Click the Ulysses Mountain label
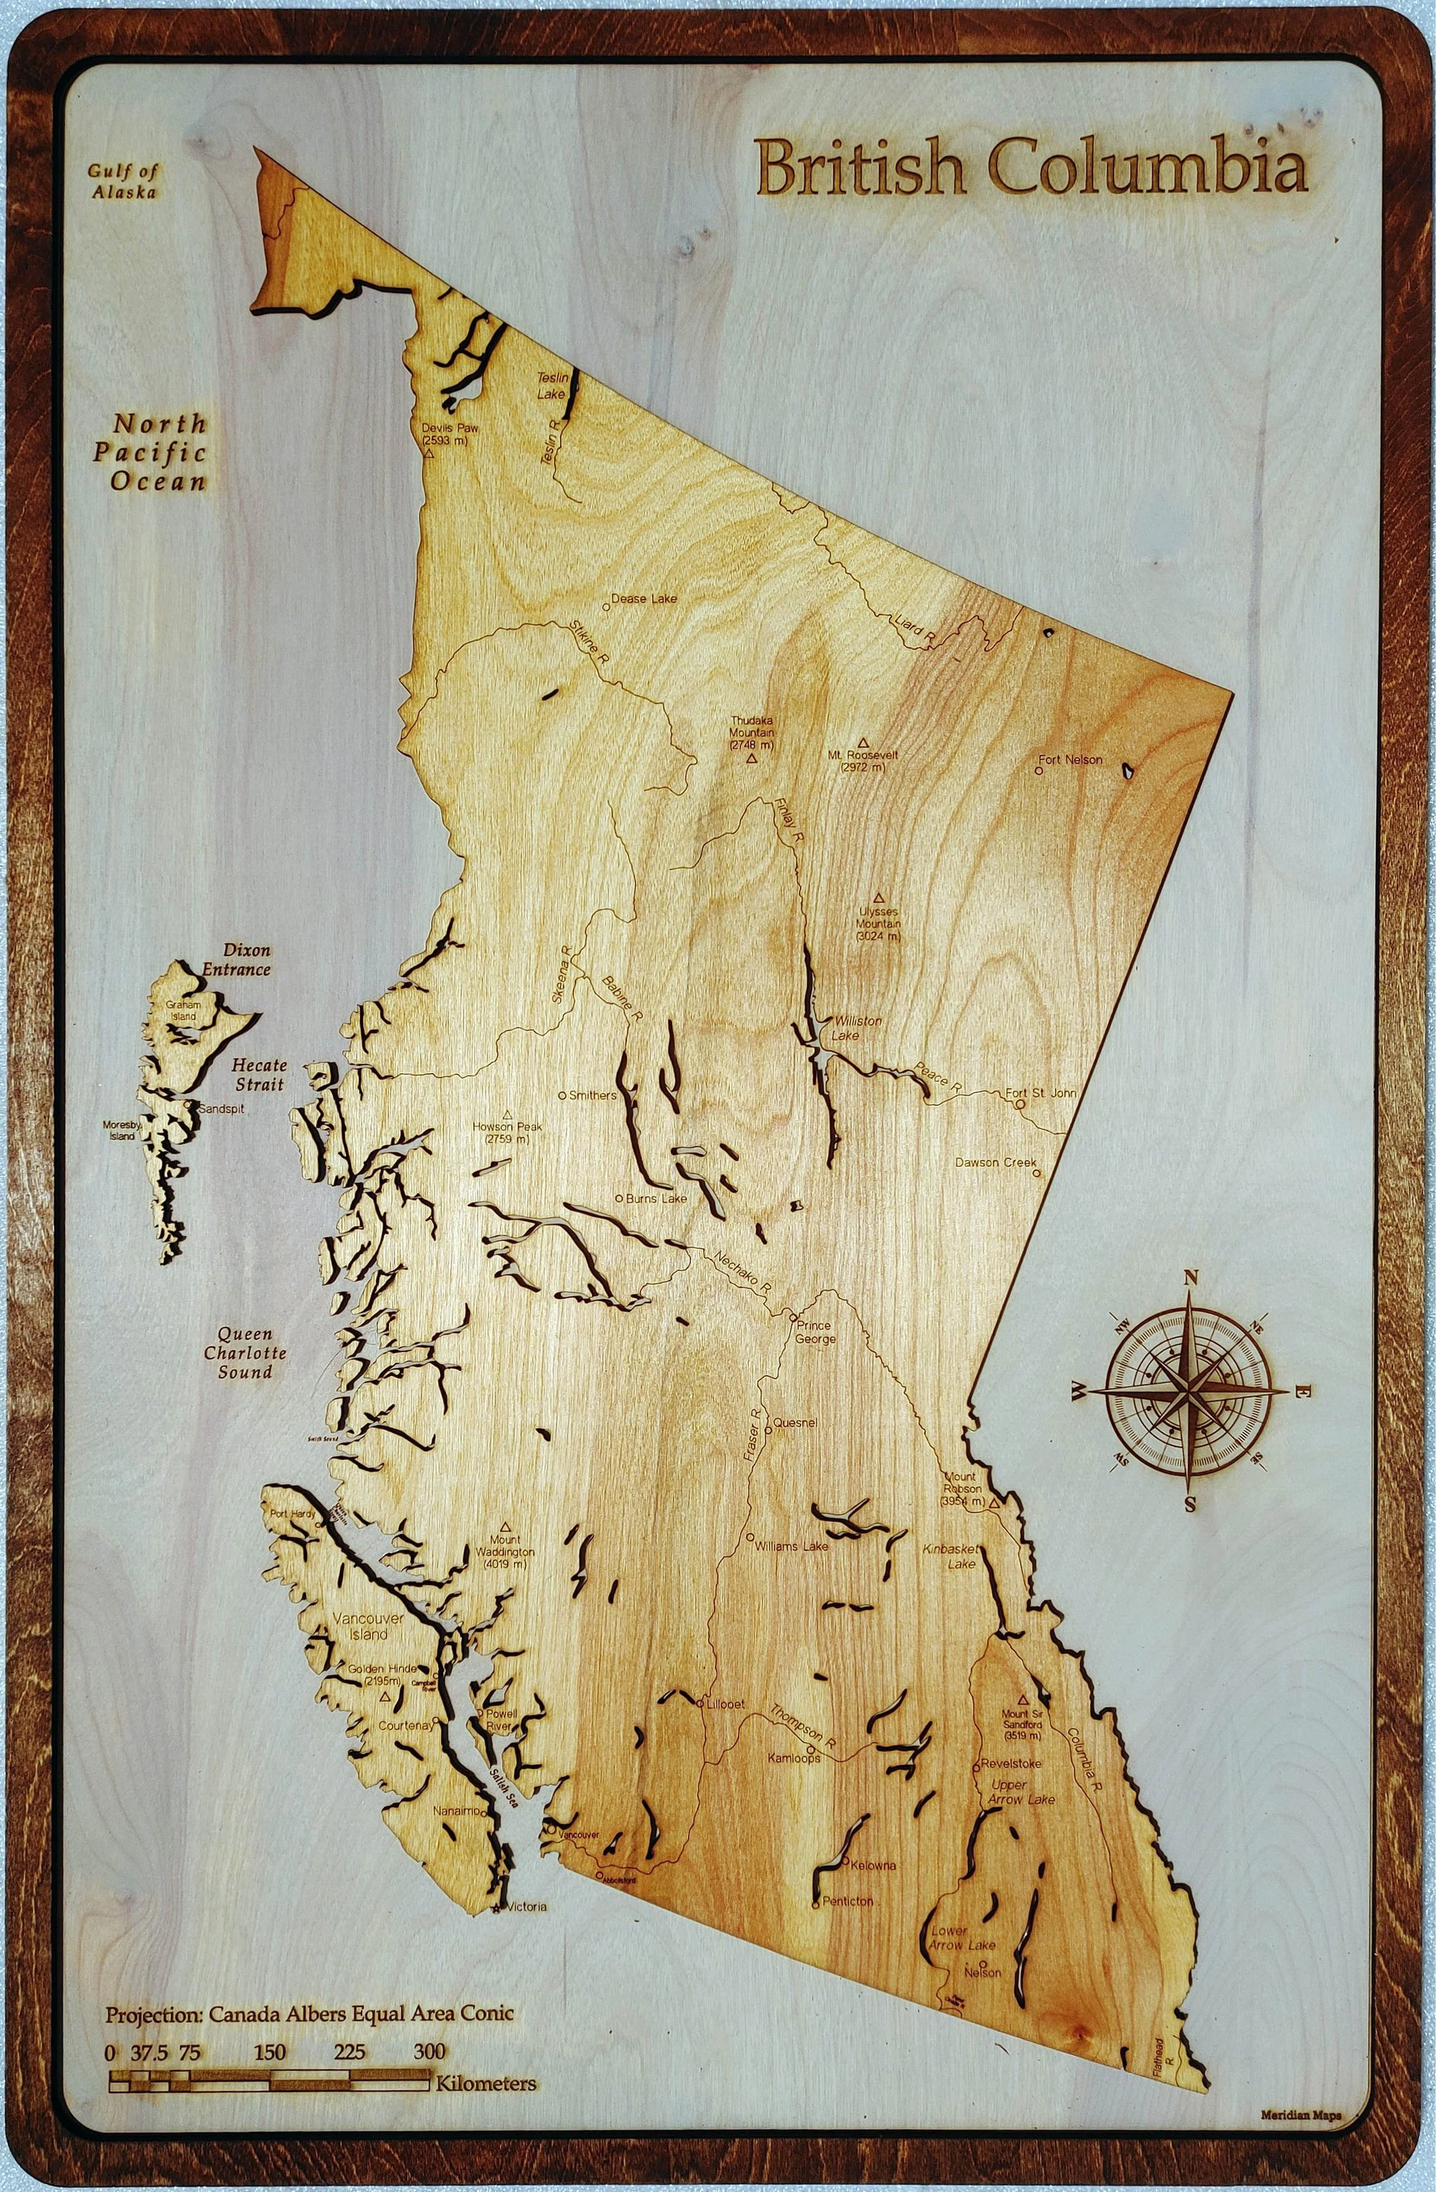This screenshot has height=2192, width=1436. (x=878, y=924)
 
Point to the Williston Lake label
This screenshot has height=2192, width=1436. (x=857, y=1028)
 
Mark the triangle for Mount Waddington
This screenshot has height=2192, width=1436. (x=505, y=1525)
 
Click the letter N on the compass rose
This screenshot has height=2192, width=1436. (x=1190, y=1277)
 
